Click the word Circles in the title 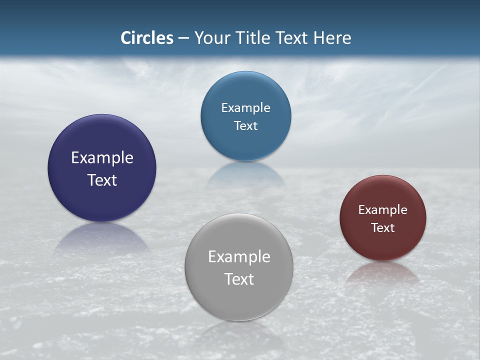click(x=146, y=38)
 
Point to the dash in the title click(x=183, y=38)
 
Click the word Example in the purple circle click(x=102, y=157)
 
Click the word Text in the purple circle click(x=102, y=180)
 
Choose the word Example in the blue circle click(x=245, y=107)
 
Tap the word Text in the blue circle click(x=245, y=125)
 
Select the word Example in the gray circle click(x=239, y=256)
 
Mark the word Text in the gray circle click(x=239, y=279)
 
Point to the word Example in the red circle click(x=383, y=209)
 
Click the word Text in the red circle click(x=383, y=227)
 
